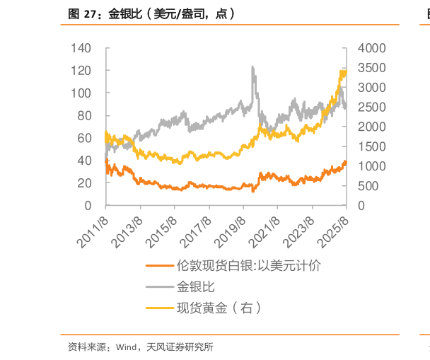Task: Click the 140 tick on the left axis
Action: [82, 48]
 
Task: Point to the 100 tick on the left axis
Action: [82, 93]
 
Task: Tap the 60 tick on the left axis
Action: [85, 138]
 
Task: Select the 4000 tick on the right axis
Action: [371, 48]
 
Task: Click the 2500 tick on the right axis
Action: [371, 108]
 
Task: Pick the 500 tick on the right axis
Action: [368, 186]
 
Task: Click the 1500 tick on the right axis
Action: [371, 146]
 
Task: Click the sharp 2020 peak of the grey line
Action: [253, 67]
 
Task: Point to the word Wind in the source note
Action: [127, 347]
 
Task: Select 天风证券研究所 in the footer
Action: [180, 347]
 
